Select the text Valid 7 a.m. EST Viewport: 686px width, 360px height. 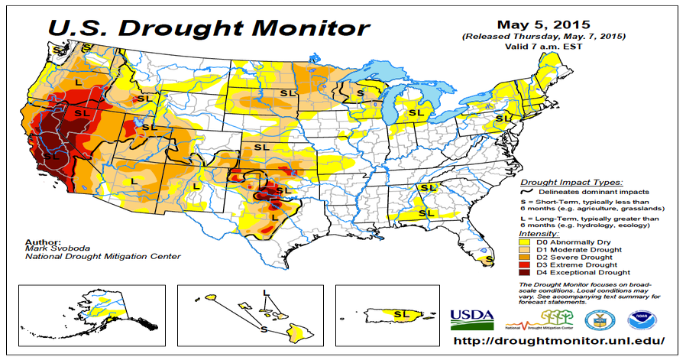[545, 47]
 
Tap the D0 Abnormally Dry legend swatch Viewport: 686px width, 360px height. [527, 242]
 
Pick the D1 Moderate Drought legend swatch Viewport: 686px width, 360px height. [527, 249]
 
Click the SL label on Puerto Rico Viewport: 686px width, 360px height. [400, 313]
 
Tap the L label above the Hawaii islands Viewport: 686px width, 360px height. [266, 293]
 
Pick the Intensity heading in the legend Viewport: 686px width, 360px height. [539, 233]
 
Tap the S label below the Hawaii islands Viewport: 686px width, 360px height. [264, 330]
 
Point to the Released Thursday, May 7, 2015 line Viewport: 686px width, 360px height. [545, 37]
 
